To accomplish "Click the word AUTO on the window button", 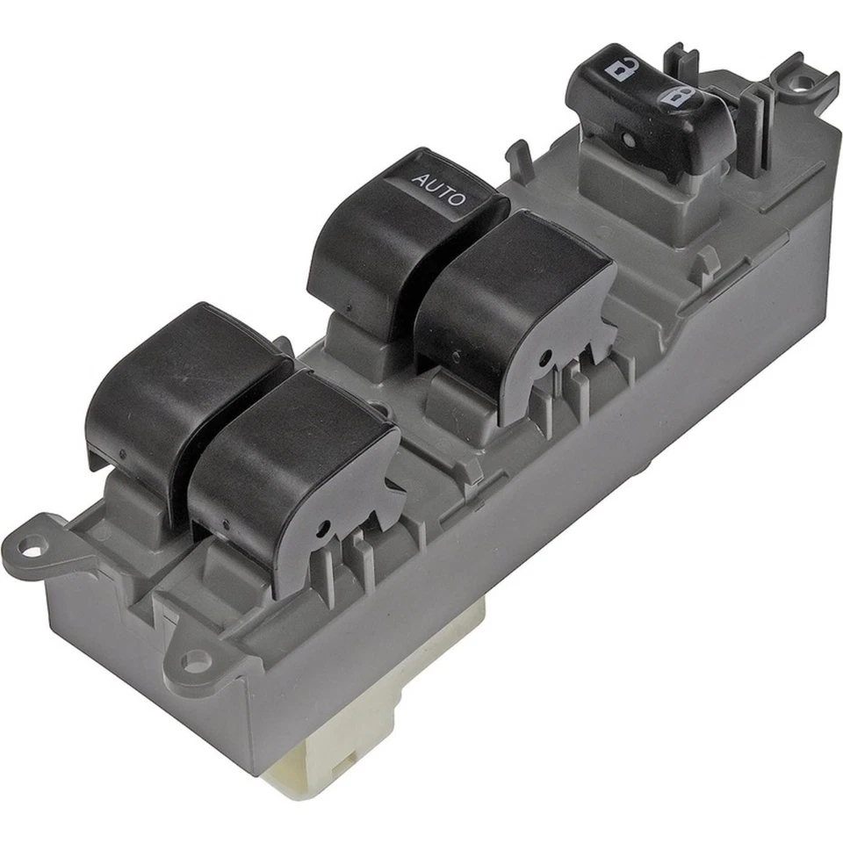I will click(x=439, y=191).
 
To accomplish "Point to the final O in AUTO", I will click(x=458, y=200).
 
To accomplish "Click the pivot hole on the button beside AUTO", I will click(x=545, y=357).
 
